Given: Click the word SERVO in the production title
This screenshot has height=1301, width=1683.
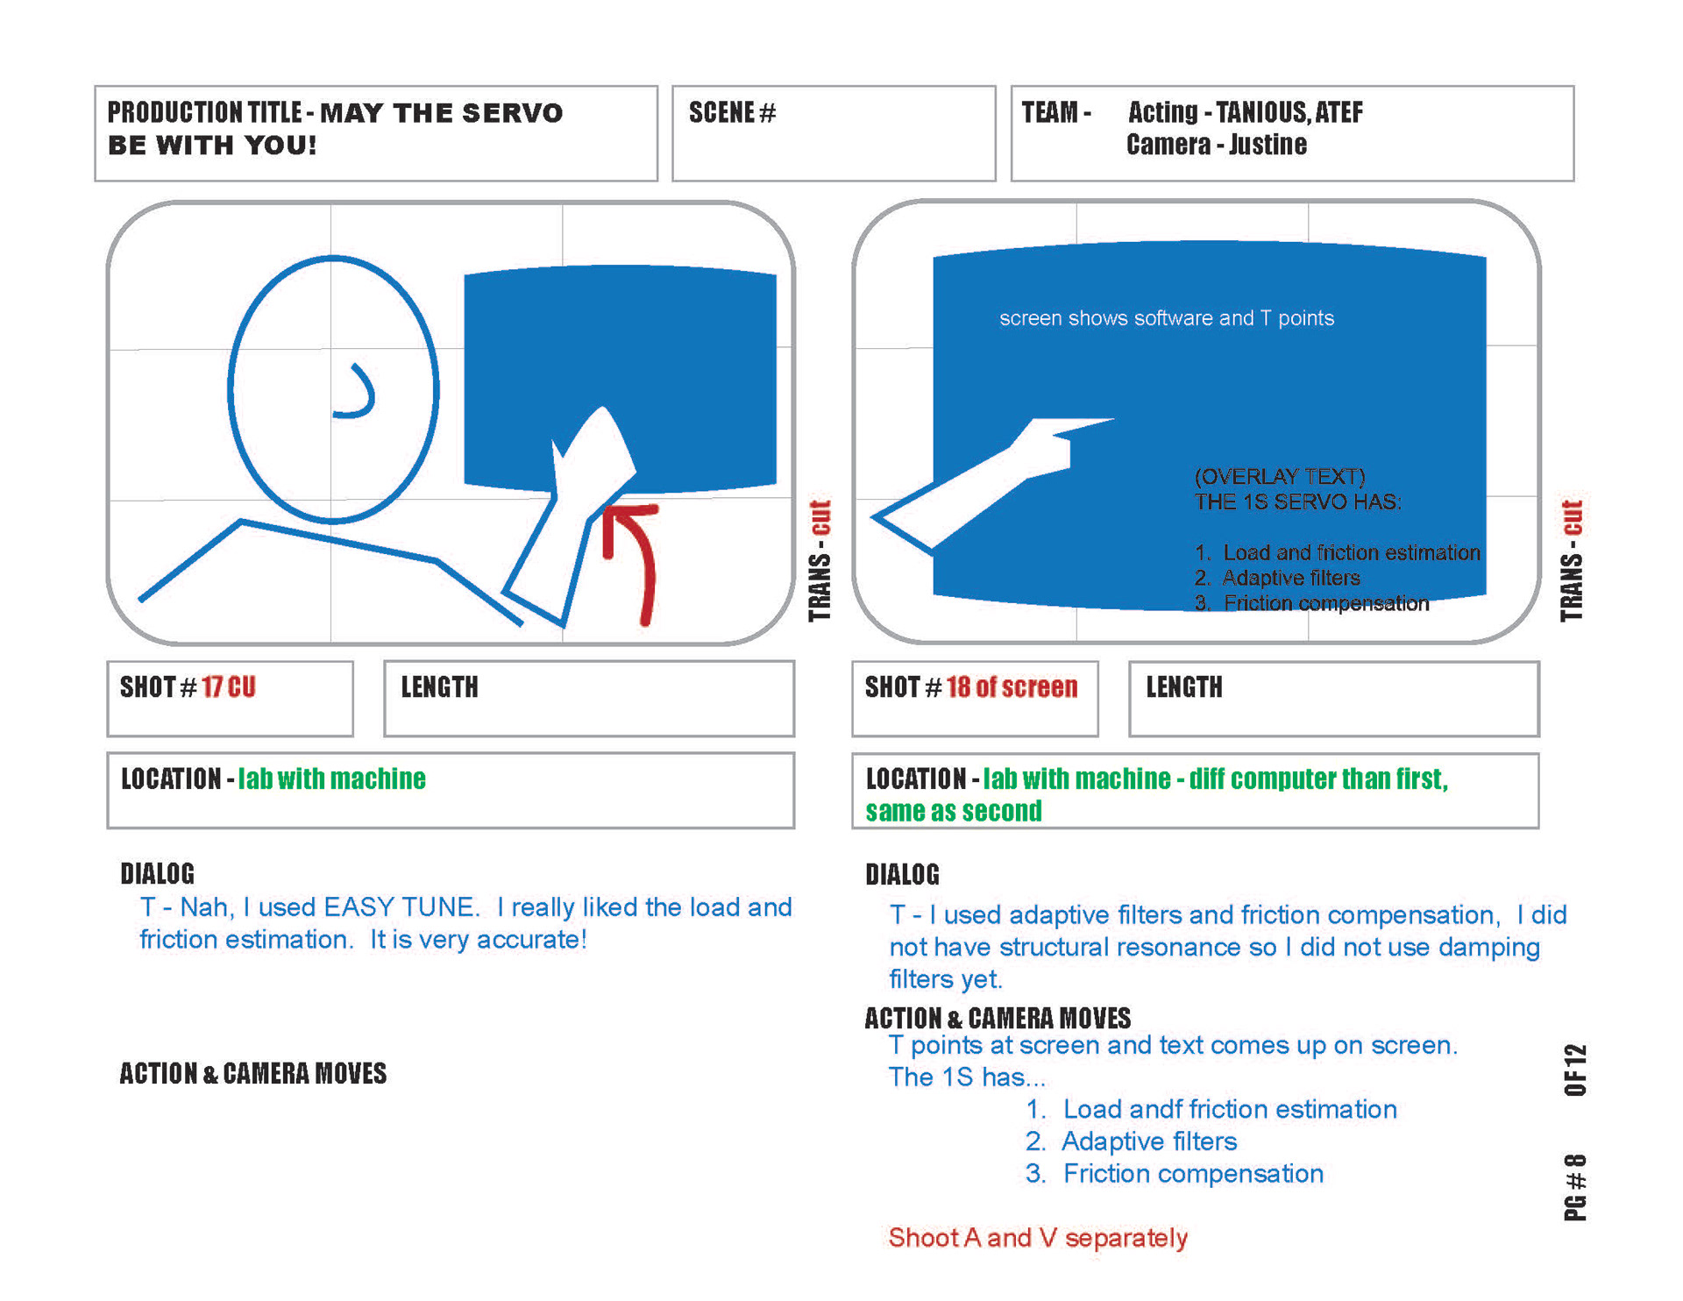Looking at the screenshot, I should (x=512, y=113).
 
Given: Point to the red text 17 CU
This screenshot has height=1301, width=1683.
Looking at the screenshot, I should (x=228, y=687).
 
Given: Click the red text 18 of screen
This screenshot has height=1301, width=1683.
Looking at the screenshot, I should (x=1012, y=687).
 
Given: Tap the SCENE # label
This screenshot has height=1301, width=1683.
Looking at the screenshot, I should (x=732, y=113).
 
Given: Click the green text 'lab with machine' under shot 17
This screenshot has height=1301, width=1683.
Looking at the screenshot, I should (x=331, y=778).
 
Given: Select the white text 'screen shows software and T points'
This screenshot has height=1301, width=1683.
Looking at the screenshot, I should (x=1166, y=318).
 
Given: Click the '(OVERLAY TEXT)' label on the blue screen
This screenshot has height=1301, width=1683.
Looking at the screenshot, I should (x=1279, y=476).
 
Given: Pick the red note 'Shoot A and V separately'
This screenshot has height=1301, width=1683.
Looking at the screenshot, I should (x=1038, y=1237).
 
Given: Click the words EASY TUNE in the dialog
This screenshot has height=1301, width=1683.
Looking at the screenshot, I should (x=401, y=906).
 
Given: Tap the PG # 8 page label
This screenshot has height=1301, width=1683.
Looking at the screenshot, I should (x=1575, y=1187).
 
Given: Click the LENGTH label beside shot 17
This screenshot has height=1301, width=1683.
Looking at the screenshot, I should (x=439, y=687).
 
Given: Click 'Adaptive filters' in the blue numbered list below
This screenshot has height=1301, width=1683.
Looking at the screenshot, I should (x=1148, y=1141).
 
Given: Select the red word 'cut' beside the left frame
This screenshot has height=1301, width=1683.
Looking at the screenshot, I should (x=820, y=517).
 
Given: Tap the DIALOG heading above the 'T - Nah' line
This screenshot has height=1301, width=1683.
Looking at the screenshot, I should (x=157, y=873).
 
